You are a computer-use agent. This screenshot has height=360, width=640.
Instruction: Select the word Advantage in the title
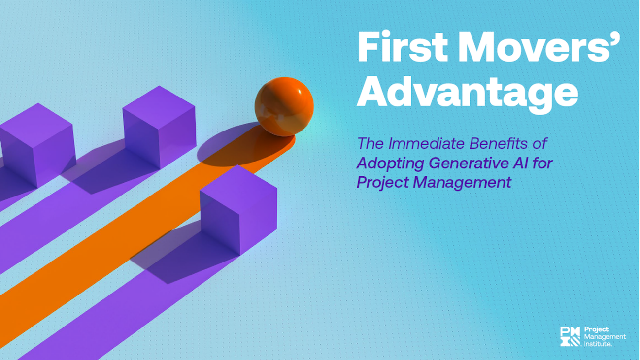point(467,94)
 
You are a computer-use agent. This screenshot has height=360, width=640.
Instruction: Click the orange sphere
point(284,106)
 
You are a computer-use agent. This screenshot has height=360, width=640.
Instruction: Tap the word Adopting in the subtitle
point(385,163)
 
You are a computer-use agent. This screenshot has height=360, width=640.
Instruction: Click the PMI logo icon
point(570,336)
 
